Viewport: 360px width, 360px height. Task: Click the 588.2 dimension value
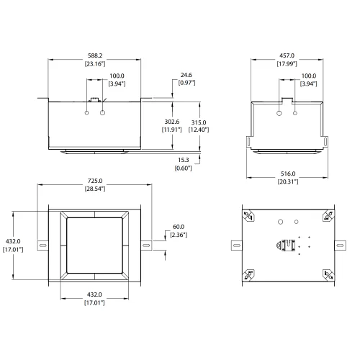[95, 55]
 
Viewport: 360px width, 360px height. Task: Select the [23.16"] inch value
[95, 64]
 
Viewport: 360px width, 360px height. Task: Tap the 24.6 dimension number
[186, 75]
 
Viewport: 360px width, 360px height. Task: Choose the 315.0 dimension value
[198, 122]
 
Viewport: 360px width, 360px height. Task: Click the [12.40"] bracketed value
[198, 130]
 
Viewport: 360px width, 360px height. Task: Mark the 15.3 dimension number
[183, 159]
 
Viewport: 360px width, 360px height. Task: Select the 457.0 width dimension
[287, 55]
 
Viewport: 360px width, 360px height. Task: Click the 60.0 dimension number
[178, 226]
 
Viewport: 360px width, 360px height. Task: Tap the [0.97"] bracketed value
[186, 84]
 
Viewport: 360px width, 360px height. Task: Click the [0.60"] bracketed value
[183, 168]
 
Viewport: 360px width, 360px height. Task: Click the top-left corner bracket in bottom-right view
[248, 216]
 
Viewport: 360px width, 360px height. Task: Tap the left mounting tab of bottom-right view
[235, 246]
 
